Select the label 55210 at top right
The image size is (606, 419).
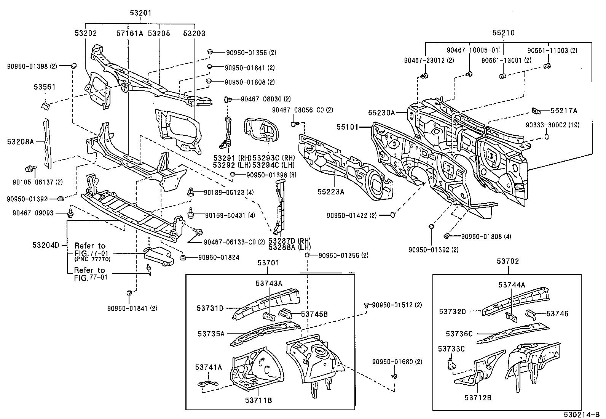point(503,33)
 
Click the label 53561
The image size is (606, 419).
point(44,87)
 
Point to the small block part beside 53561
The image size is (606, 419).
point(44,104)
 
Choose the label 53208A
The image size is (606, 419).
point(21,142)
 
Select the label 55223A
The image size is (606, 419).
point(331,192)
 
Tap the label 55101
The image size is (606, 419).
point(348,126)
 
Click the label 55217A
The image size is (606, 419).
point(564,111)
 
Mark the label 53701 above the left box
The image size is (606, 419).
point(268,263)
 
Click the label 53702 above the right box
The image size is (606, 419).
point(508,262)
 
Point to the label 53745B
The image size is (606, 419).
point(314,314)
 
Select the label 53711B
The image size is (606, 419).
point(258,400)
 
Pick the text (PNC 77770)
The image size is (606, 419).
point(92,259)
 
